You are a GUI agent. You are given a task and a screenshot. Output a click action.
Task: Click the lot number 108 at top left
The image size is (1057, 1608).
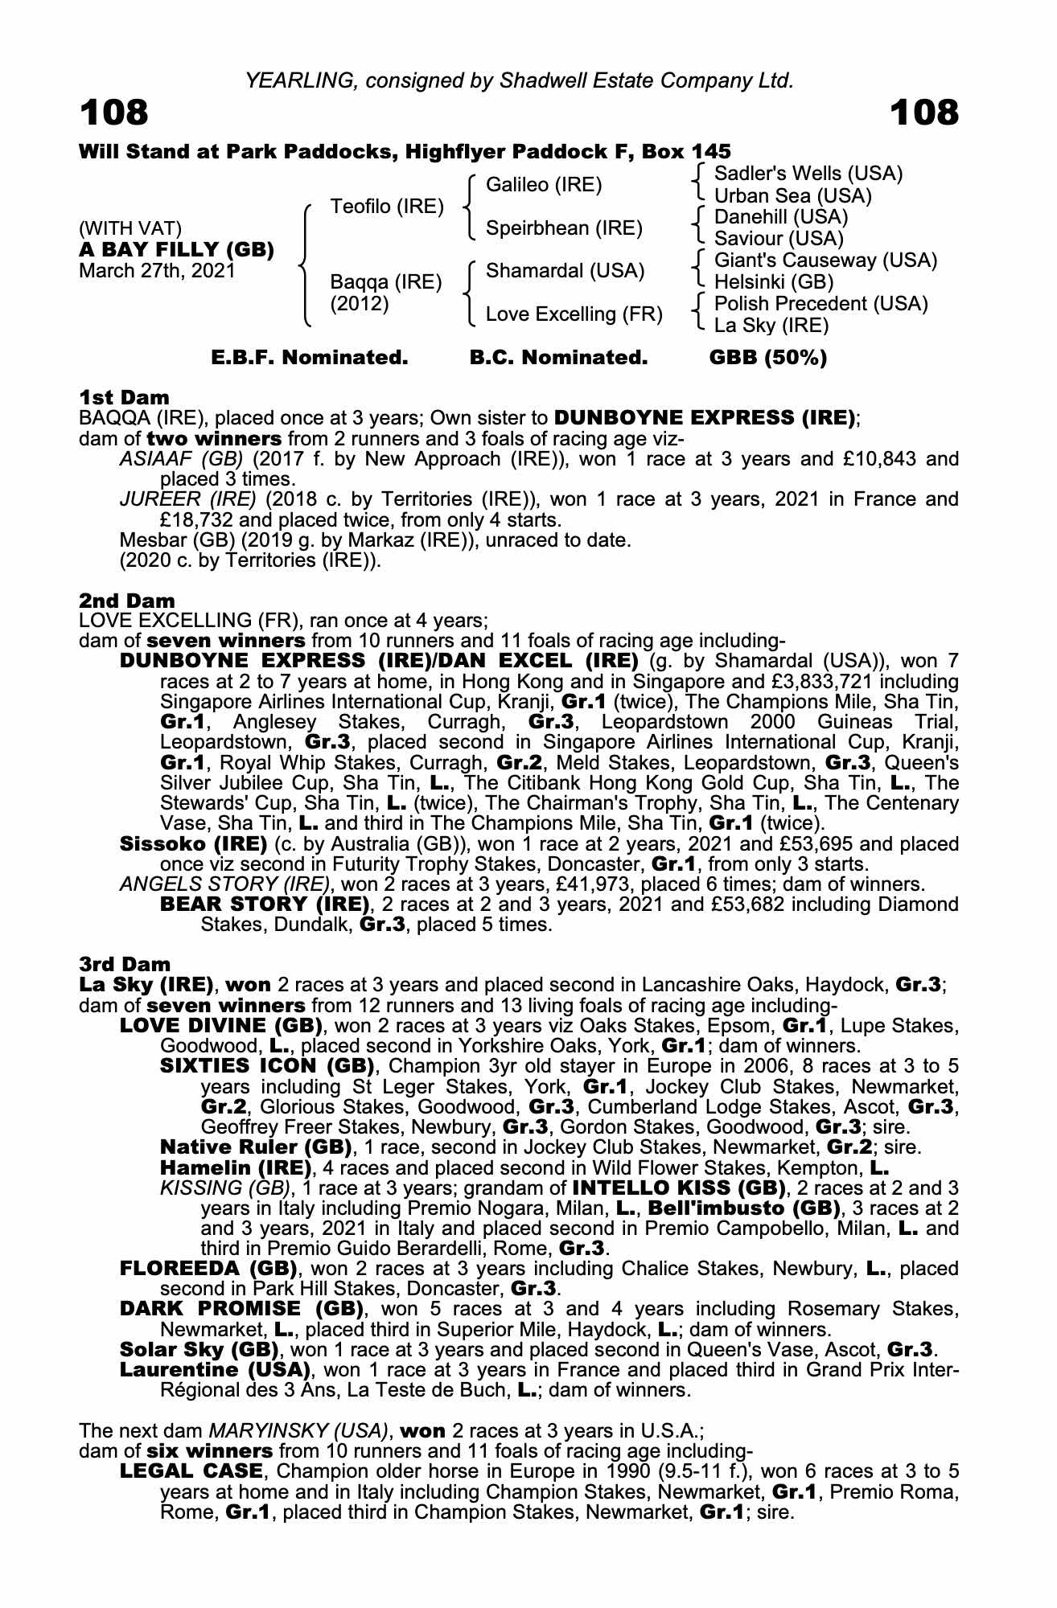(x=113, y=113)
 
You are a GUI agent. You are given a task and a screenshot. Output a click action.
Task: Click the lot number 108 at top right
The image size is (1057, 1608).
(x=924, y=113)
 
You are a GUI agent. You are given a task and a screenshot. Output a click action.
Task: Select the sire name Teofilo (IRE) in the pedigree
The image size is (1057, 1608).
(x=387, y=207)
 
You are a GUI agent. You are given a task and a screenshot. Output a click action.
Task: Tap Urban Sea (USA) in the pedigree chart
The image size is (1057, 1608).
(x=792, y=195)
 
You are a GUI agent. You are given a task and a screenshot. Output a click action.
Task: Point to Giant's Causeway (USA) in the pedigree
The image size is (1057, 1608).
(x=825, y=260)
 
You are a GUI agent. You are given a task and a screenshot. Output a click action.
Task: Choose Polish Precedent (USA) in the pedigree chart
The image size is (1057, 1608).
(x=821, y=304)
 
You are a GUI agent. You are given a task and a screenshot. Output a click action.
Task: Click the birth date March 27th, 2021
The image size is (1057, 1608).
(x=157, y=270)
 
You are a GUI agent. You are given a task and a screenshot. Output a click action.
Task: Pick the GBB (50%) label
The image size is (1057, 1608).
(x=767, y=358)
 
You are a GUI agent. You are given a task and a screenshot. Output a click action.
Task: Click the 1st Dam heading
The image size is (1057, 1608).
(x=124, y=397)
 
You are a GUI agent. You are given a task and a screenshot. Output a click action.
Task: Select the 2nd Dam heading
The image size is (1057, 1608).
(x=126, y=601)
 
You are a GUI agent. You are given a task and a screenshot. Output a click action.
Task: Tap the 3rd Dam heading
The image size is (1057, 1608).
(x=125, y=964)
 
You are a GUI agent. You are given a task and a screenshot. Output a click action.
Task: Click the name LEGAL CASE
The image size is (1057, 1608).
(x=191, y=1472)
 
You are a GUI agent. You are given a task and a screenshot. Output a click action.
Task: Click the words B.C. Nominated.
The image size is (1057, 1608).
(x=558, y=358)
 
